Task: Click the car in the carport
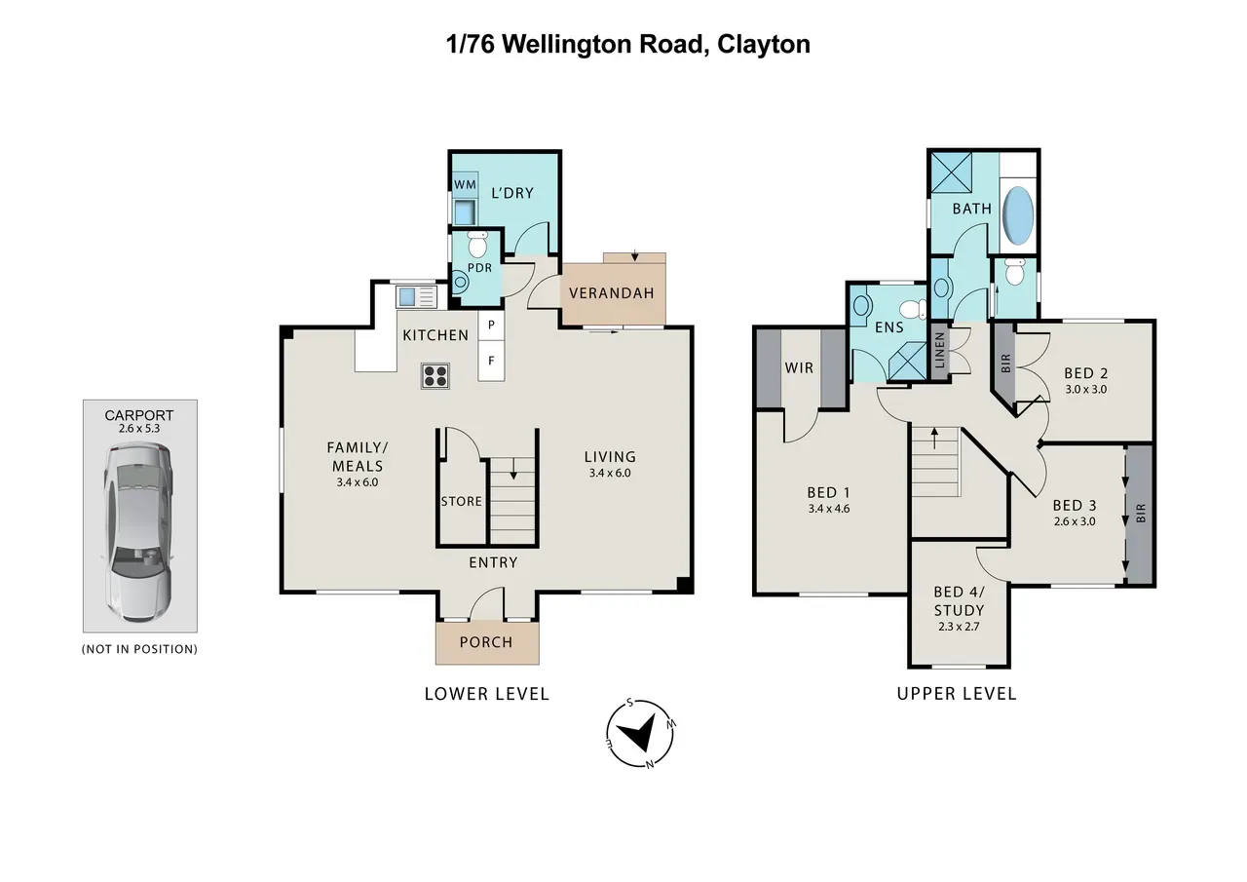[139, 532]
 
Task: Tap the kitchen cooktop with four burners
[435, 376]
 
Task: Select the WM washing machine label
[466, 184]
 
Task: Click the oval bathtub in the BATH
[1018, 214]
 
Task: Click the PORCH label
[486, 642]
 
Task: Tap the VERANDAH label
[611, 293]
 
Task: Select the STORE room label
[462, 501]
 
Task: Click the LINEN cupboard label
[940, 350]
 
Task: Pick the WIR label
[800, 367]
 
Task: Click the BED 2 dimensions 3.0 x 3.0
[1086, 389]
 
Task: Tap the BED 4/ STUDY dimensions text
[959, 627]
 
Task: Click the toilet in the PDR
[477, 244]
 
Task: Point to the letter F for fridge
[491, 361]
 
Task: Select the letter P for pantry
[491, 325]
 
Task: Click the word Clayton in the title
[763, 45]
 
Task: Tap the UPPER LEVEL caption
[957, 694]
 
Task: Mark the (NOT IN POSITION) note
[139, 649]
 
